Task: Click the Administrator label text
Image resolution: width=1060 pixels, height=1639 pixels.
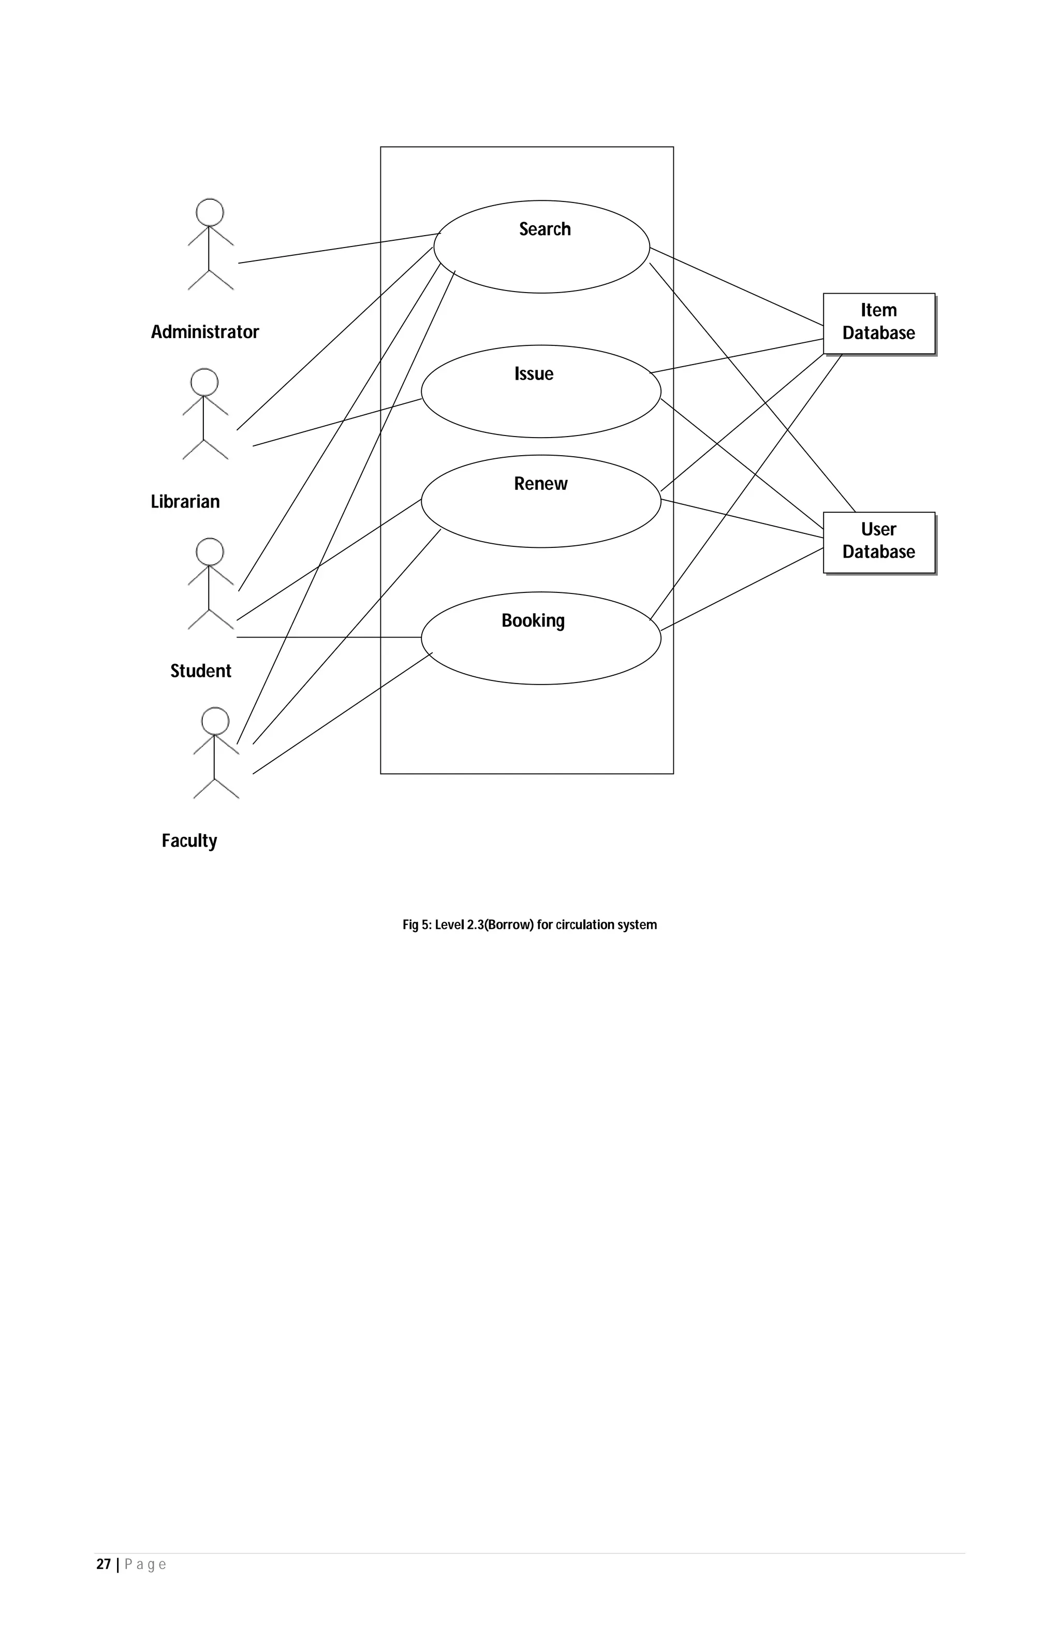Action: [x=205, y=332]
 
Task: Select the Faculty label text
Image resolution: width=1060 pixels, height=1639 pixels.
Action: [x=189, y=841]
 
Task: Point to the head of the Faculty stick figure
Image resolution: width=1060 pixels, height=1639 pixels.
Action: [x=215, y=721]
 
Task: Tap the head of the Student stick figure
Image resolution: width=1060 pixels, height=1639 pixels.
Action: [x=210, y=552]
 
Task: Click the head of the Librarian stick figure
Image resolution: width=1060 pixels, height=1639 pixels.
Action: [x=204, y=382]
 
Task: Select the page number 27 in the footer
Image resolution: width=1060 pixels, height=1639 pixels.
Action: [x=103, y=1564]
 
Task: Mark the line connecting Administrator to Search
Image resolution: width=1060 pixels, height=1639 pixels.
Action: [x=337, y=249]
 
